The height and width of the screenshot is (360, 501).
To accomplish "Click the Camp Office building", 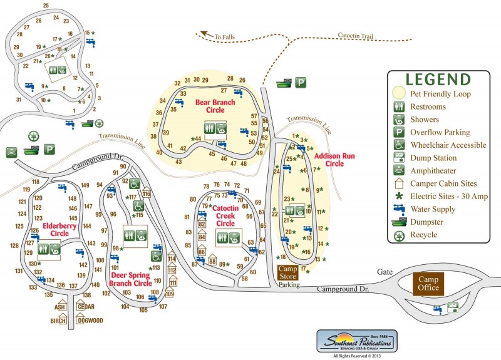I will [x=429, y=284].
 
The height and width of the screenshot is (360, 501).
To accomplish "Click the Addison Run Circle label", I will [x=329, y=159].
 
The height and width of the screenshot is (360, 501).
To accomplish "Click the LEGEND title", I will [x=437, y=80].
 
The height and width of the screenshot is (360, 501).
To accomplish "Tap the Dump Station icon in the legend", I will [x=398, y=158].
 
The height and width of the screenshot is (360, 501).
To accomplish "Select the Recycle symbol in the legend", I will [x=398, y=236].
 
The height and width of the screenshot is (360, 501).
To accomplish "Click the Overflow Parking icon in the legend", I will [x=398, y=132].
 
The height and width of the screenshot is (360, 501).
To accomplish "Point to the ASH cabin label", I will [x=60, y=307].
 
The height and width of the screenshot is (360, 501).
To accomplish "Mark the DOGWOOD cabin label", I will [x=90, y=321].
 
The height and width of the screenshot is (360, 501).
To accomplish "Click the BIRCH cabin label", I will [x=58, y=321].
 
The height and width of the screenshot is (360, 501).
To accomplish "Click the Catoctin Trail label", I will [x=355, y=36].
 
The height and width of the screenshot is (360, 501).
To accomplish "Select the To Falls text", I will [x=223, y=38].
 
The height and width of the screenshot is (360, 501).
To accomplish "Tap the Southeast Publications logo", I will [x=356, y=341].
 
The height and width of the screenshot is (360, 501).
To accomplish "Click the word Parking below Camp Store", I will [x=289, y=285].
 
